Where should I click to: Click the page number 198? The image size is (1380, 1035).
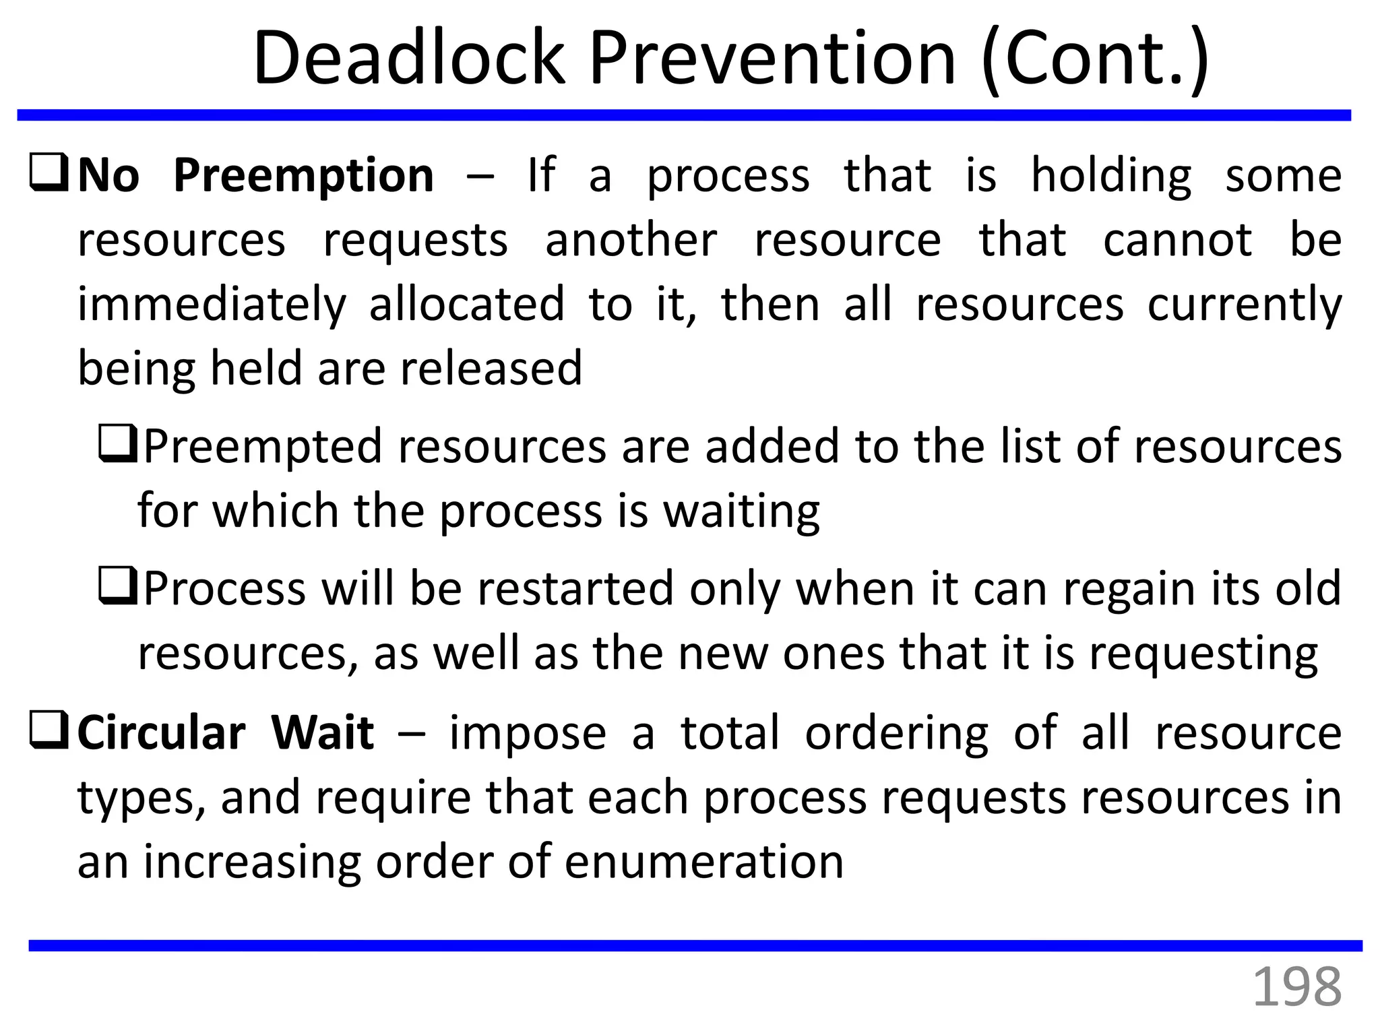coord(1296,987)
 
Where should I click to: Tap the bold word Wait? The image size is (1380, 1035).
coord(322,733)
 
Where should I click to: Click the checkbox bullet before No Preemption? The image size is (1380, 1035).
coord(49,173)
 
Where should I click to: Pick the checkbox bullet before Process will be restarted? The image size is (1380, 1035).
coord(118,586)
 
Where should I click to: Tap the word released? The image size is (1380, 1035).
coord(491,369)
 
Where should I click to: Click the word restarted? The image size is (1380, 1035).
coord(575,588)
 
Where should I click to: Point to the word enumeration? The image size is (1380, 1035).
coord(703,862)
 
